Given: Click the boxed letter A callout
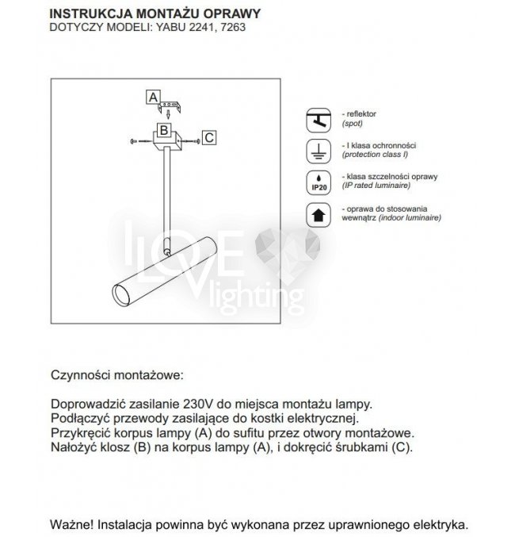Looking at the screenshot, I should (x=152, y=98).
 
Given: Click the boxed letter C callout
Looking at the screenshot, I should (x=209, y=137).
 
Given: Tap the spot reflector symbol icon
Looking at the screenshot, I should (x=317, y=120).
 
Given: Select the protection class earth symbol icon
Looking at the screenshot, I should (x=317, y=150).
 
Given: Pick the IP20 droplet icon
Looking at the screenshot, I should (x=317, y=182).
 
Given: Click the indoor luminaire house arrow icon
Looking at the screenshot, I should (x=317, y=213).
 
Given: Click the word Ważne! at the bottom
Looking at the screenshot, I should (x=73, y=524).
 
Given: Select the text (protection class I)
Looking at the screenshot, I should (x=375, y=155).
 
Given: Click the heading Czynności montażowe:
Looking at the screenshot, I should (x=116, y=374).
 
